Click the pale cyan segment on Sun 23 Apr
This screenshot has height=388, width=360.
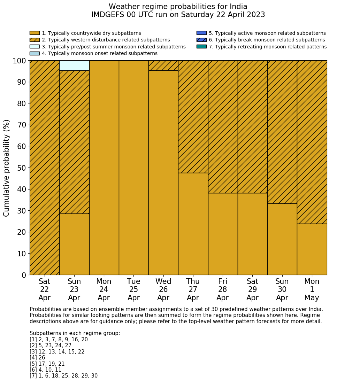pyautogui.click(x=74, y=65)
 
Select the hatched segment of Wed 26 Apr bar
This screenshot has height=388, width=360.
pyautogui.click(x=163, y=65)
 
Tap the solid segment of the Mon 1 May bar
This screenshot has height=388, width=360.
pyautogui.click(x=312, y=249)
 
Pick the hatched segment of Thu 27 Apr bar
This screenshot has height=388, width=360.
pyautogui.click(x=193, y=117)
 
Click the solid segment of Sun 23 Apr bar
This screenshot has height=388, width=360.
pyautogui.click(x=74, y=244)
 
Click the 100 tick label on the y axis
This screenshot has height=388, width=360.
pyautogui.click(x=19, y=61)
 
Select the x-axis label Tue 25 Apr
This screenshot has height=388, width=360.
pyautogui.click(x=133, y=289)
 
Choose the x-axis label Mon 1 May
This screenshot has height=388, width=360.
pyautogui.click(x=312, y=289)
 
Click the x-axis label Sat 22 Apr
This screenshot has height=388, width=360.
pyautogui.click(x=44, y=289)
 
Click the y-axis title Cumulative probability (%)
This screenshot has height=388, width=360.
pyautogui.click(x=7, y=168)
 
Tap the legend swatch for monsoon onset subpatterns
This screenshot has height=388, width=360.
pyautogui.click(x=35, y=53)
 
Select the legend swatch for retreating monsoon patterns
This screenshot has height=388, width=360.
pyautogui.click(x=201, y=47)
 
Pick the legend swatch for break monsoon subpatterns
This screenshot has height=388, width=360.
pyautogui.click(x=201, y=40)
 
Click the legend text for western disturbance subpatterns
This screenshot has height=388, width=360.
pyautogui.click(x=106, y=40)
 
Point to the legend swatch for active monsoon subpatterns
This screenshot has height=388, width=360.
pyautogui.click(x=201, y=33)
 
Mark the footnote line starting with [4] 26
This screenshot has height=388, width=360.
pyautogui.click(x=37, y=358)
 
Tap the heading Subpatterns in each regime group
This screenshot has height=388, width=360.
pyautogui.click(x=75, y=333)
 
